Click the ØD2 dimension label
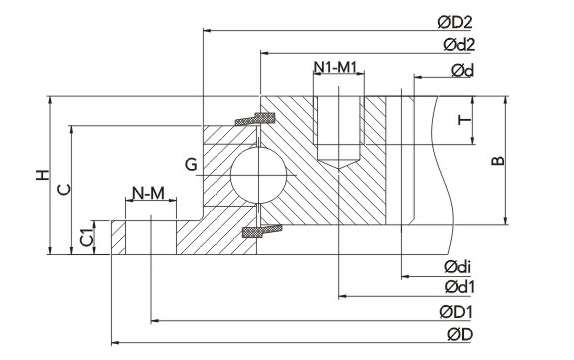coord(455,23)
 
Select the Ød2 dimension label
coord(459,45)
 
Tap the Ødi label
coord(458,267)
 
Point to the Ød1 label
coord(459,287)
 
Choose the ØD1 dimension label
coord(456,312)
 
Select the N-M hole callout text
coord(148,193)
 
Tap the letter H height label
coord(42,175)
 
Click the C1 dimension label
coord(87,237)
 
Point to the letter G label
coord(191,164)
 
